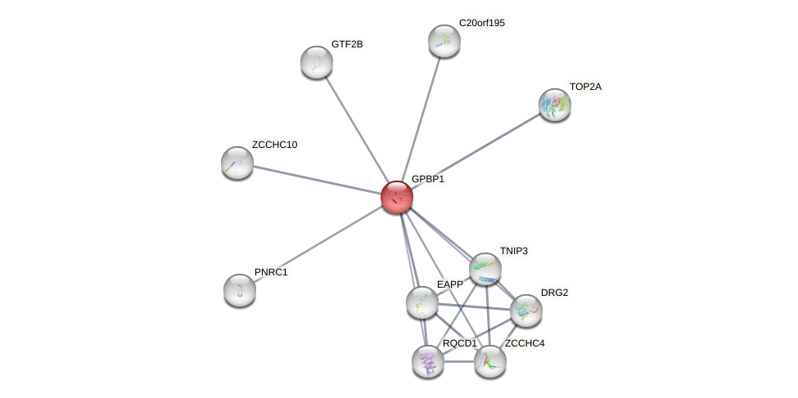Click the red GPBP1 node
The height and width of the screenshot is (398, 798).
pyautogui.click(x=397, y=197)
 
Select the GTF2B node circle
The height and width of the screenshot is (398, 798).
pyautogui.click(x=317, y=62)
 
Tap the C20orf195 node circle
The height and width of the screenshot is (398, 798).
pyautogui.click(x=444, y=41)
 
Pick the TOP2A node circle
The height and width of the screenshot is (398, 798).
pyautogui.click(x=555, y=105)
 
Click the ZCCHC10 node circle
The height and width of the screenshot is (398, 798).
pyautogui.click(x=237, y=163)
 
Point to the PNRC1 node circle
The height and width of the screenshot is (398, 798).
pyautogui.click(x=240, y=290)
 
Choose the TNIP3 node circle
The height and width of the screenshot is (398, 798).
pyautogui.click(x=485, y=269)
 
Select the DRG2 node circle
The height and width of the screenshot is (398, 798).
pyautogui.click(x=525, y=311)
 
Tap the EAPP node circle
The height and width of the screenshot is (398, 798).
pyautogui.click(x=422, y=302)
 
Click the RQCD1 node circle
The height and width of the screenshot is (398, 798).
pyautogui.click(x=427, y=361)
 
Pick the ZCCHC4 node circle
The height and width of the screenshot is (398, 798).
pyautogui.click(x=490, y=361)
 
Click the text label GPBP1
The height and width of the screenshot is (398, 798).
pyautogui.click(x=428, y=179)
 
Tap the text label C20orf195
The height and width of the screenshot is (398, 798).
pyautogui.click(x=482, y=23)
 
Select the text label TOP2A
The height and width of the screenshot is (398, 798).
pyautogui.click(x=586, y=87)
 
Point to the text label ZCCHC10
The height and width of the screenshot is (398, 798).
pyautogui.click(x=274, y=145)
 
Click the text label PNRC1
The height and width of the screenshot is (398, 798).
pyautogui.click(x=271, y=272)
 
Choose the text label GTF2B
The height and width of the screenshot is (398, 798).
pyautogui.click(x=347, y=44)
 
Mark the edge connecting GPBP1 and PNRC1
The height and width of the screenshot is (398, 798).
pyautogui.click(x=318, y=244)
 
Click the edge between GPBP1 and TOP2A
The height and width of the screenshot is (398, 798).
pyautogui.click(x=476, y=151)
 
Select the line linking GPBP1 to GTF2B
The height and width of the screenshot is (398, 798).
pyautogui.click(x=357, y=129)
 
